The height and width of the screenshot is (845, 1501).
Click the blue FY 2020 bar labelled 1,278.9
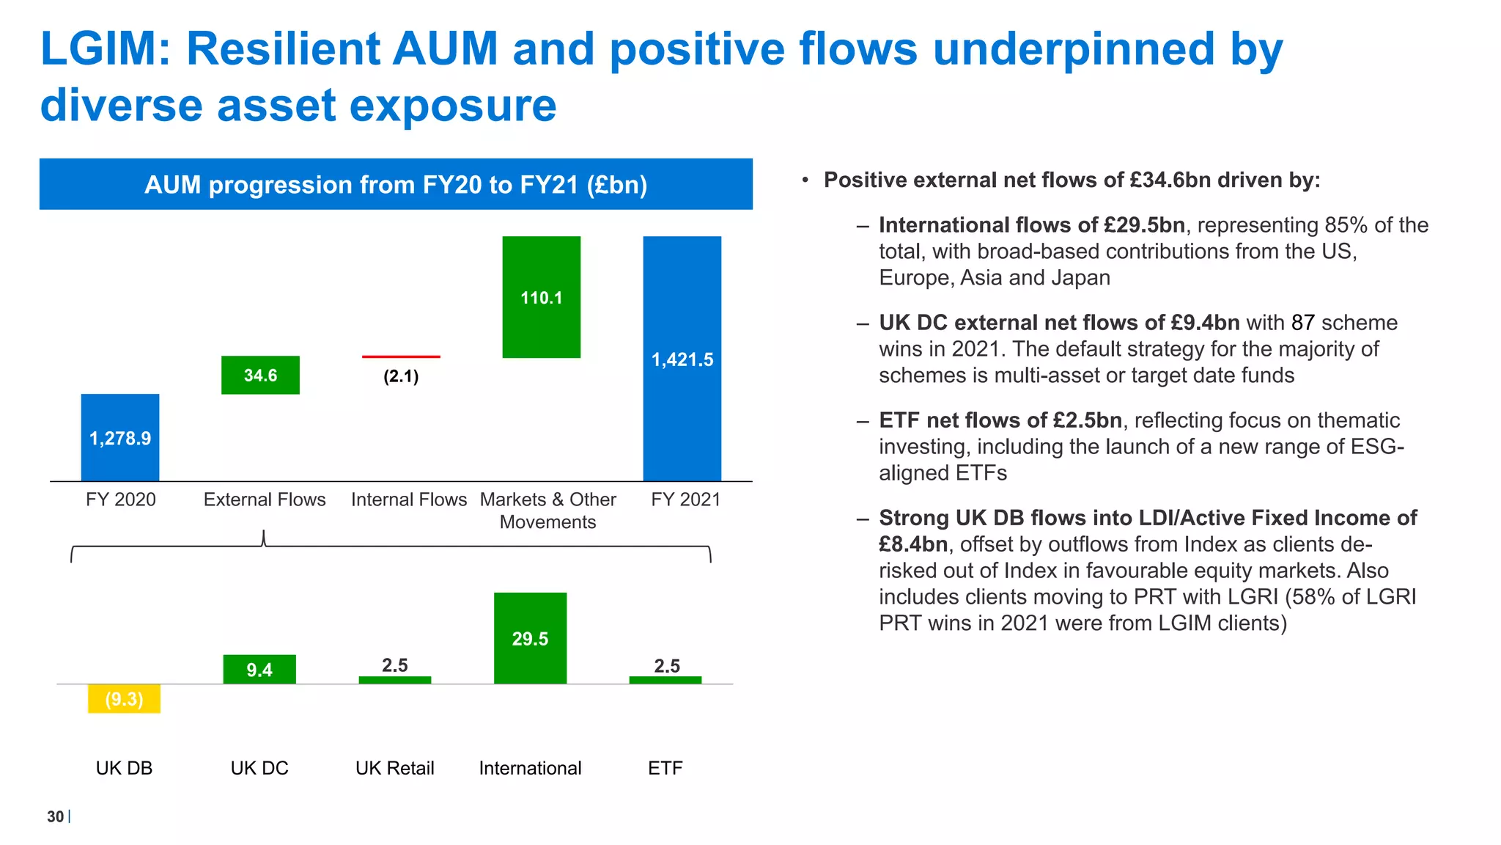coord(119,437)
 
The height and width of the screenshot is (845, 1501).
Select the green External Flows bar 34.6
coord(260,375)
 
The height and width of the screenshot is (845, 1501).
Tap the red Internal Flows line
coord(401,356)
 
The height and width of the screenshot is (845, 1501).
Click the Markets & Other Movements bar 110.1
coord(541,297)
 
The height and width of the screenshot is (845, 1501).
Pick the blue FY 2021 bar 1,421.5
coord(682,359)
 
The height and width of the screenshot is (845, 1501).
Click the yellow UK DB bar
coord(124,698)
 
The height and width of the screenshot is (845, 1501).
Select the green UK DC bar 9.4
coord(259,669)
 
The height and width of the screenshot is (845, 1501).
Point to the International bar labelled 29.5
coord(530,638)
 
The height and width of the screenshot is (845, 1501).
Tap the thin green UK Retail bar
coord(394,680)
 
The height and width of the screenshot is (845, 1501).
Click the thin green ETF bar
coord(665,680)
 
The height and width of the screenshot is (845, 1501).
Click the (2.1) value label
coord(401,376)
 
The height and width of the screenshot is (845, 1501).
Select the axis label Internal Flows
coord(408,500)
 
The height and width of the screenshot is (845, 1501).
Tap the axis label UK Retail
coord(394,768)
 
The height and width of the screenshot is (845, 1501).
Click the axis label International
coord(530,768)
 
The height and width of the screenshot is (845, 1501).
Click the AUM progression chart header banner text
coord(396,184)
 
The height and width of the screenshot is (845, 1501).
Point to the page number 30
coord(55,816)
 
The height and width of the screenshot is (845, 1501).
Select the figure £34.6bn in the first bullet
coord(1170,180)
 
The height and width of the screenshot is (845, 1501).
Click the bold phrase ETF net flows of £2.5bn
coord(1000,420)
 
